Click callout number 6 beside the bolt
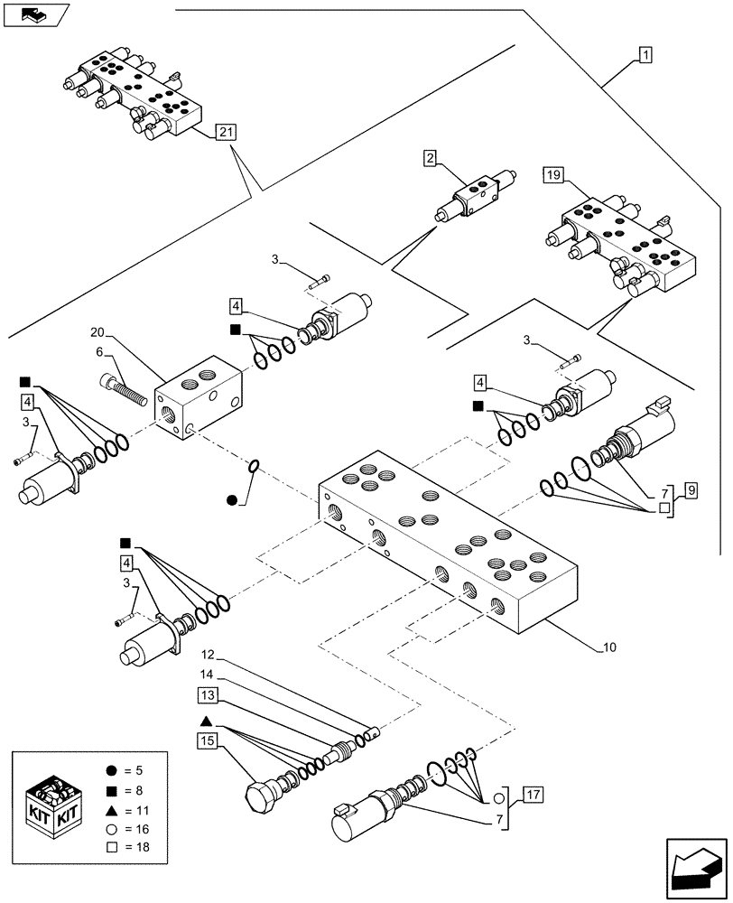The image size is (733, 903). tap(100, 352)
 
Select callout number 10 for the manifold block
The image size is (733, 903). tap(609, 647)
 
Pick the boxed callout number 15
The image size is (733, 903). tap(207, 741)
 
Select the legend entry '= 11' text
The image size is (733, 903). tap(127, 808)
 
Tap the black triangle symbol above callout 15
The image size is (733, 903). tap(206, 721)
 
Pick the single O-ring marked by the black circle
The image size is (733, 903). tap(255, 466)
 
